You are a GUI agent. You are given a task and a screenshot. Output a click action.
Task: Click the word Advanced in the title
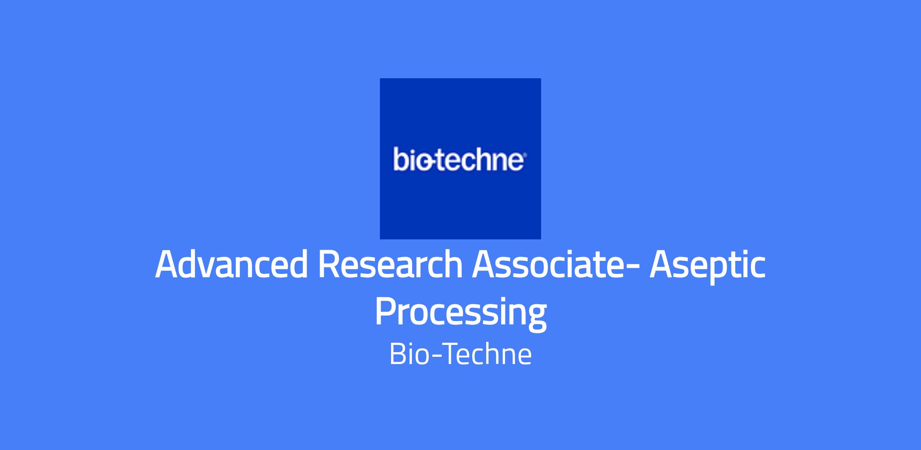[x=231, y=264]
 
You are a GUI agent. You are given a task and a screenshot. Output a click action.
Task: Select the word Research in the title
[x=390, y=264]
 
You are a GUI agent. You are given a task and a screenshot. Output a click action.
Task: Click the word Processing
[x=460, y=314]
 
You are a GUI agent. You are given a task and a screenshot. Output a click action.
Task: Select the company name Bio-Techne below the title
[x=460, y=354]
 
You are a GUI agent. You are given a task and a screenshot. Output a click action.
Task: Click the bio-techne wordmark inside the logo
[x=458, y=160]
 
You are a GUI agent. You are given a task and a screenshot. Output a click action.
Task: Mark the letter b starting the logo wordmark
[x=399, y=160]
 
